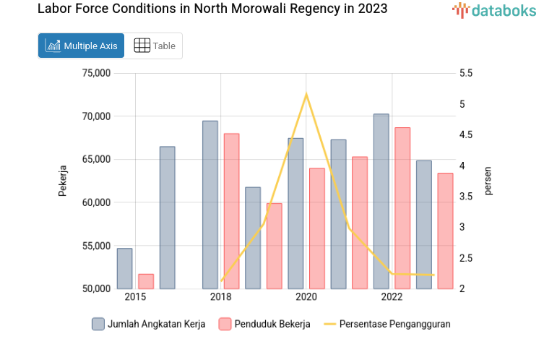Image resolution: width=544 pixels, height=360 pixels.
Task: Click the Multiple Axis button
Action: (x=81, y=46)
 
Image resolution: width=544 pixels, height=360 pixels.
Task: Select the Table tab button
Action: (x=155, y=46)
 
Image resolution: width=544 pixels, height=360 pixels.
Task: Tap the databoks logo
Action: (x=493, y=10)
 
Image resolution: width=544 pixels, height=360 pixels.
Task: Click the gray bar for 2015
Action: (x=124, y=269)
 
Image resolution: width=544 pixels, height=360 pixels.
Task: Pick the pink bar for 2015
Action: (x=146, y=281)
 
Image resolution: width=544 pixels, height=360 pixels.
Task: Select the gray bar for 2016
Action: (x=167, y=218)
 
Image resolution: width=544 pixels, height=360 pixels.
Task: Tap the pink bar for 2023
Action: (x=445, y=231)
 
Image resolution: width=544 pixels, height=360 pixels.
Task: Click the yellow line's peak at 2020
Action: (x=306, y=94)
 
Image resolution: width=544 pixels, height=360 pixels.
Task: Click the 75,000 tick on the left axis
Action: (x=96, y=73)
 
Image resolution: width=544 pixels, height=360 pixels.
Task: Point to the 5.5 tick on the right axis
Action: (x=465, y=73)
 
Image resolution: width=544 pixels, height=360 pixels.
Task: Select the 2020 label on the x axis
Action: (x=306, y=297)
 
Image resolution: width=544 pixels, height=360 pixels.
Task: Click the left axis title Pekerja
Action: (x=63, y=181)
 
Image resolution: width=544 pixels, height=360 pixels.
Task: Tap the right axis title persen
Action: (x=488, y=181)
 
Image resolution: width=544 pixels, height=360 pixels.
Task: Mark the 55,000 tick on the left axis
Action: (x=96, y=246)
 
